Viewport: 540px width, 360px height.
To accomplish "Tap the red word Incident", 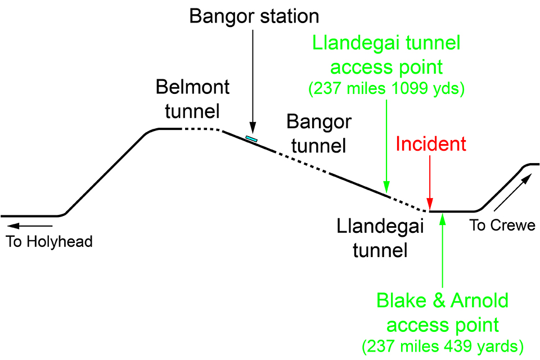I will [x=431, y=144].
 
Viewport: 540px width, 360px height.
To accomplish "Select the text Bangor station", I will [x=254, y=16].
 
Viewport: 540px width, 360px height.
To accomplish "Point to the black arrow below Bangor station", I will [x=253, y=79].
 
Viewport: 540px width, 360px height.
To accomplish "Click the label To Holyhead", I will [x=49, y=242].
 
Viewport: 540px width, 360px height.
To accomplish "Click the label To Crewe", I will [x=502, y=226].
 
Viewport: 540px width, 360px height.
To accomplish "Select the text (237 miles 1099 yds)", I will [x=386, y=89].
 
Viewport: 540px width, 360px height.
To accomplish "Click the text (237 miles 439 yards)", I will [x=444, y=344].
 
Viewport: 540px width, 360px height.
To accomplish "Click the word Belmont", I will [x=192, y=87].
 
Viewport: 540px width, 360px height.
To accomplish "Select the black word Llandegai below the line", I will [x=379, y=227].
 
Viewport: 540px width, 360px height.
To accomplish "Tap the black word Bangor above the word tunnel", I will [x=318, y=121].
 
